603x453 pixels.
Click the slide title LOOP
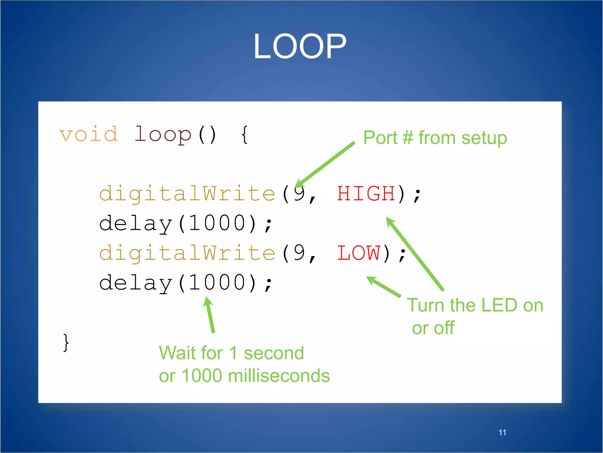coord(300,47)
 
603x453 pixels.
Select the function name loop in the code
coord(163,135)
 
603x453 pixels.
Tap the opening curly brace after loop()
coord(244,135)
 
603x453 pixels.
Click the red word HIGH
coord(366,194)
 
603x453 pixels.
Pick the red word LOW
coord(358,253)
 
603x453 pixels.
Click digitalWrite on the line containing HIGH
coord(187,194)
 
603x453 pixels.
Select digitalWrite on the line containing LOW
coord(187,253)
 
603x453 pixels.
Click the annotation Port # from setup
coord(435,138)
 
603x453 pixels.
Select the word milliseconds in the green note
coord(279,376)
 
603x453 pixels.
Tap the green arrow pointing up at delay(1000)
coord(210,315)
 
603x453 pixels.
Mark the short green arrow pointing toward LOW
coord(384,286)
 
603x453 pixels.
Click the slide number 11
coord(502,433)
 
